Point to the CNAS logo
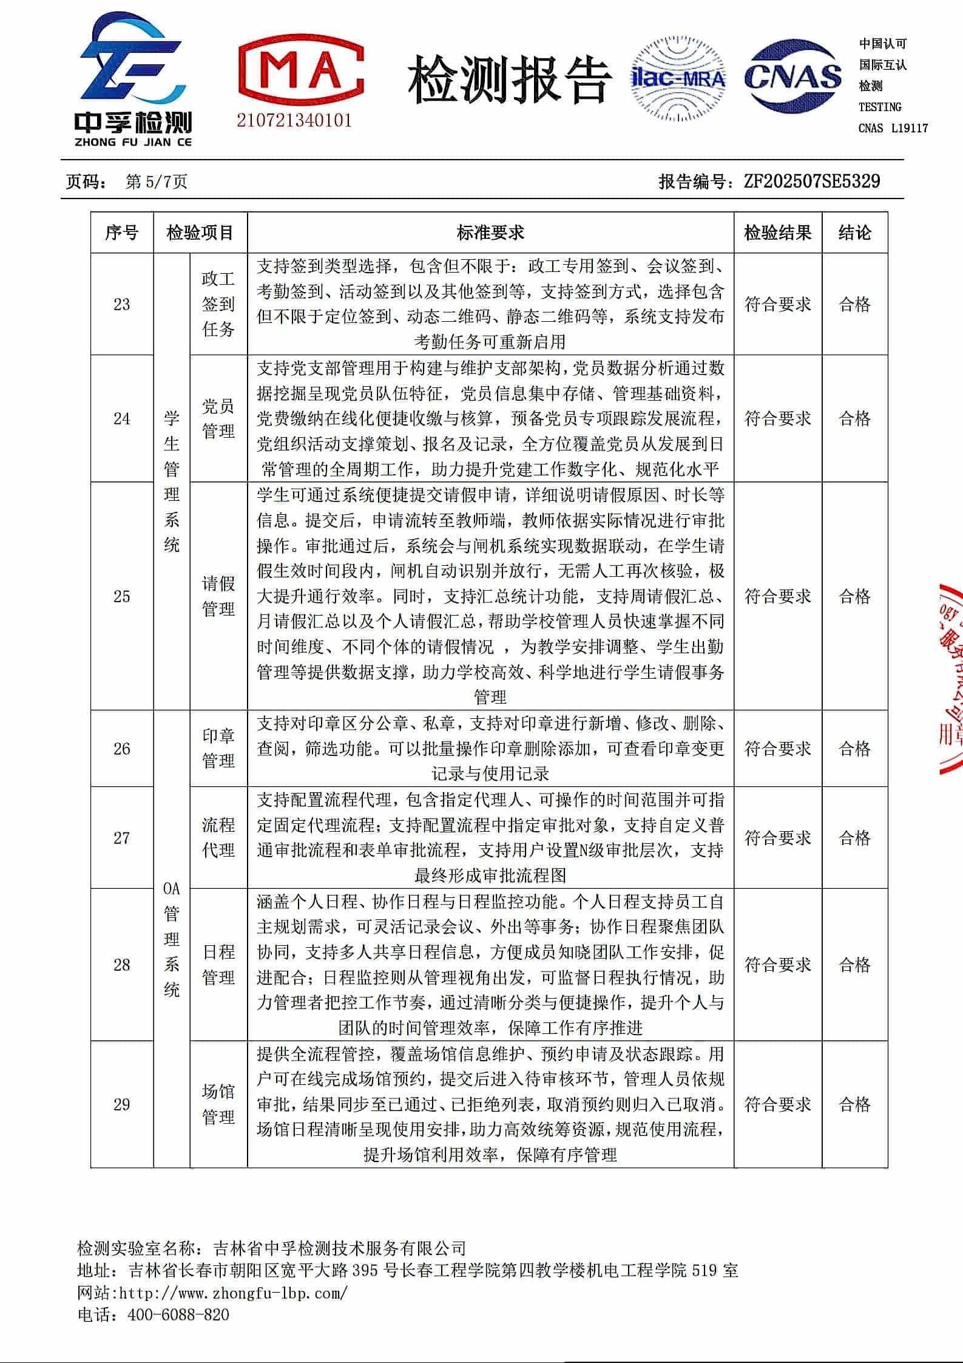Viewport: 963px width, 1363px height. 792,77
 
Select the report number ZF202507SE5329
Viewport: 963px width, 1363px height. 812,181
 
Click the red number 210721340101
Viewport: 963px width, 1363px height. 294,120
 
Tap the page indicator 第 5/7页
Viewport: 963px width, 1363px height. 156,182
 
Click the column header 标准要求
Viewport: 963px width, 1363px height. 490,233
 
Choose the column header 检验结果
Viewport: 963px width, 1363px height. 777,233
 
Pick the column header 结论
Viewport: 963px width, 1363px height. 854,233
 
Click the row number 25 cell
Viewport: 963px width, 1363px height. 122,596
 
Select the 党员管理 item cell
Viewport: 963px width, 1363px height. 218,418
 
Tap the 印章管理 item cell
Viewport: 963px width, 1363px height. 218,748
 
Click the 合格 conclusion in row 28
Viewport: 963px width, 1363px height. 854,964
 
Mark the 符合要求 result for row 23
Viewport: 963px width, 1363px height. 777,304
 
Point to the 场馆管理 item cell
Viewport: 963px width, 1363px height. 218,1104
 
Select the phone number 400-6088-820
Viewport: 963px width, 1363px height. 178,1298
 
